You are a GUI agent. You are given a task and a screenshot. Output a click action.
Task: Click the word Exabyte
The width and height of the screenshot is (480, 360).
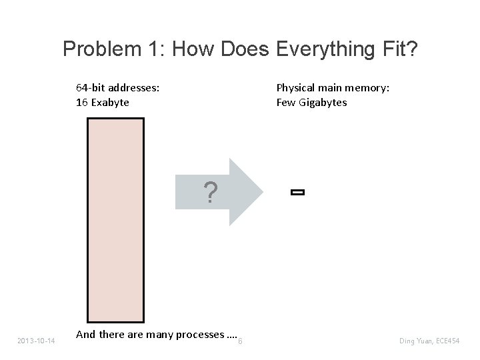point(110,103)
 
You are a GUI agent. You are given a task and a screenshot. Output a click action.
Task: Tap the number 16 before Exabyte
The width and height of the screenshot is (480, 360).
point(82,103)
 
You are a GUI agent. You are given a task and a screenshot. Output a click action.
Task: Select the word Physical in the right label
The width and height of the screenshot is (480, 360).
point(297,87)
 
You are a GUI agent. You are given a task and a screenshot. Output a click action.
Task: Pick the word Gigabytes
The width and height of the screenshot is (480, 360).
point(322,103)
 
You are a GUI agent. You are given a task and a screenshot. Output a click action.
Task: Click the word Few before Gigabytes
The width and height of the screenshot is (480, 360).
point(285,103)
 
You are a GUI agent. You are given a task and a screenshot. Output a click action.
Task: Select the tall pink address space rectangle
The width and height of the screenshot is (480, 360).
point(116,221)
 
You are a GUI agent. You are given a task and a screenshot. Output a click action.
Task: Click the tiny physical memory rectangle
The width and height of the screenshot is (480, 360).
point(297,193)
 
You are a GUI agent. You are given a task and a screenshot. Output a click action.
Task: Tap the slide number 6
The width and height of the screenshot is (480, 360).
point(240,341)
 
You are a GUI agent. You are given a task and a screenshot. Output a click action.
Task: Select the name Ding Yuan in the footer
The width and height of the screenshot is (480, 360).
point(414,341)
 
